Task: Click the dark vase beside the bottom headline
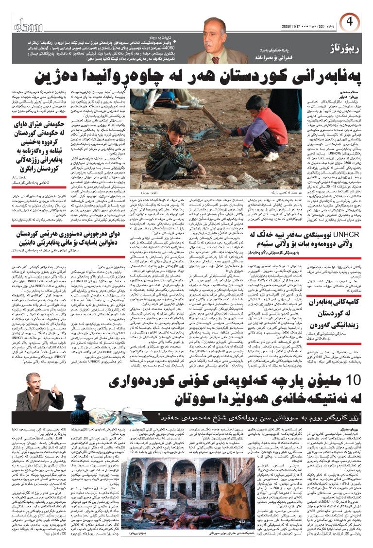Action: (x=78, y=394)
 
